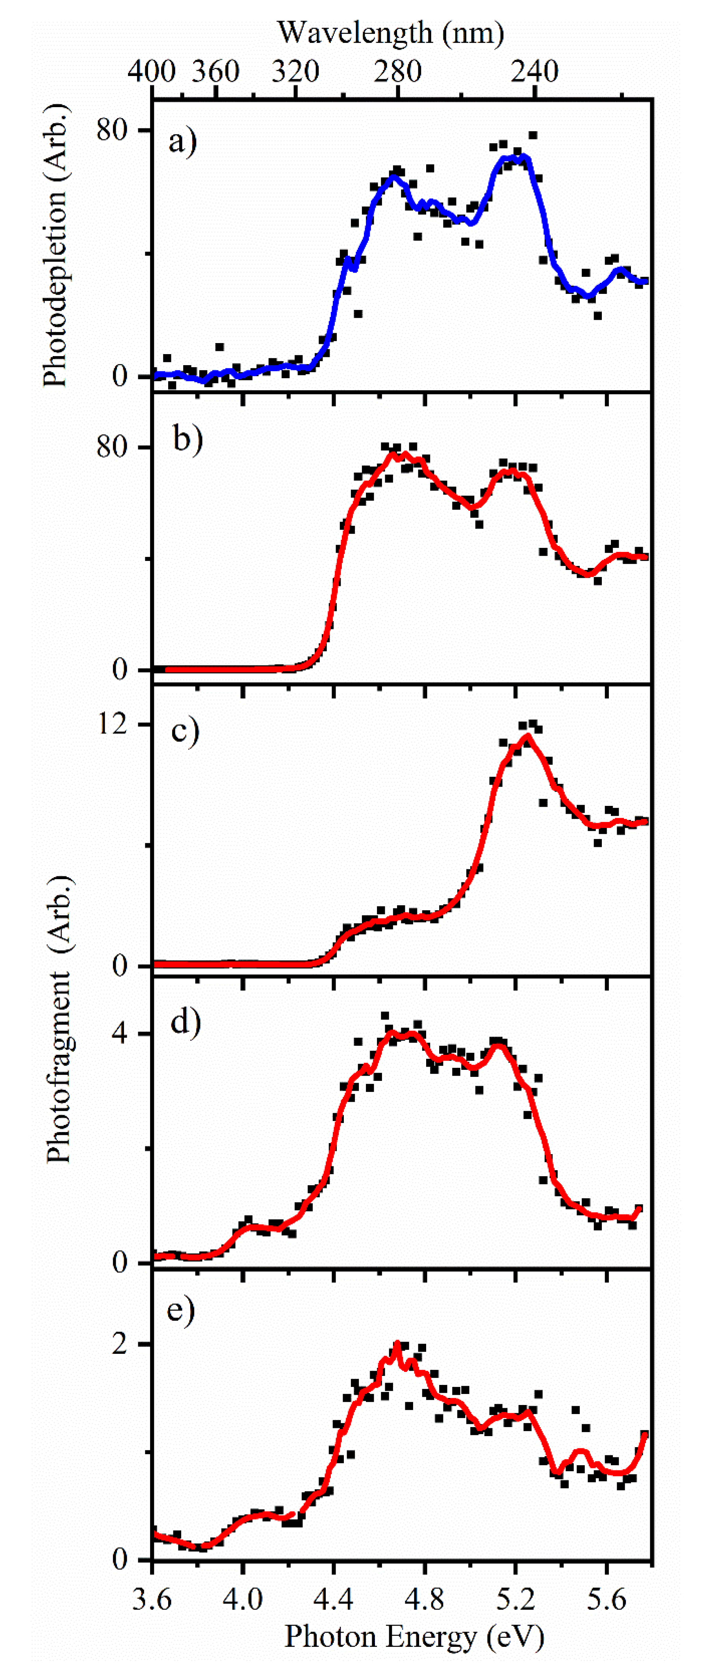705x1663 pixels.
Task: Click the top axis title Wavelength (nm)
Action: pos(391,32)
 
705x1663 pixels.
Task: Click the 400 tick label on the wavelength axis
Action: pos(152,71)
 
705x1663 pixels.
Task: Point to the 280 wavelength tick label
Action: pos(398,71)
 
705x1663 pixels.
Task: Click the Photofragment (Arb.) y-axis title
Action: pos(59,1020)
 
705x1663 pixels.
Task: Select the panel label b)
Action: pos(187,439)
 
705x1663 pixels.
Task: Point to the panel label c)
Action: pos(185,730)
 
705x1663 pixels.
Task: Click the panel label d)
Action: pos(185,1022)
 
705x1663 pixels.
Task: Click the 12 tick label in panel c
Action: pos(112,724)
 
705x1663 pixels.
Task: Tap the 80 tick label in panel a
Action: pos(112,130)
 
